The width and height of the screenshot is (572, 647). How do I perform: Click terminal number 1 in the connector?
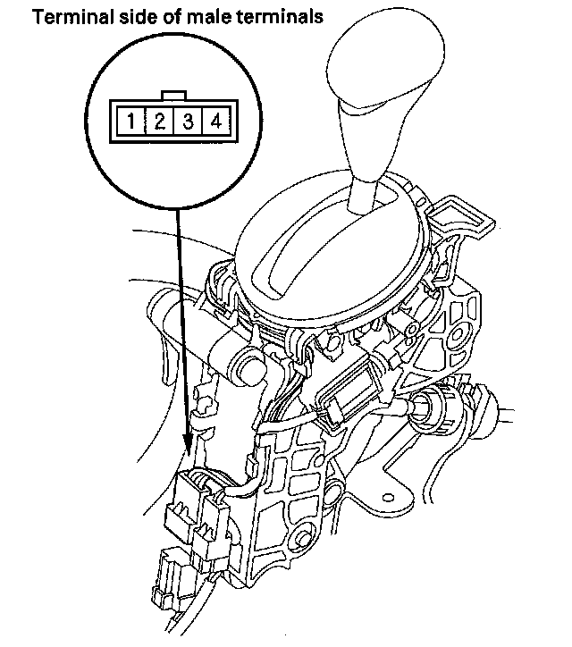[x=130, y=119]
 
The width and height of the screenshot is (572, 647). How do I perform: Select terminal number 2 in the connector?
[x=159, y=119]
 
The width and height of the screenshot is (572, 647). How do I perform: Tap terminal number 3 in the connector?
[x=189, y=119]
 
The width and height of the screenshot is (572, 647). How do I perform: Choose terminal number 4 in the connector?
[x=215, y=119]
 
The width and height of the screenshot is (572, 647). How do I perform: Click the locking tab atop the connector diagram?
[x=173, y=96]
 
